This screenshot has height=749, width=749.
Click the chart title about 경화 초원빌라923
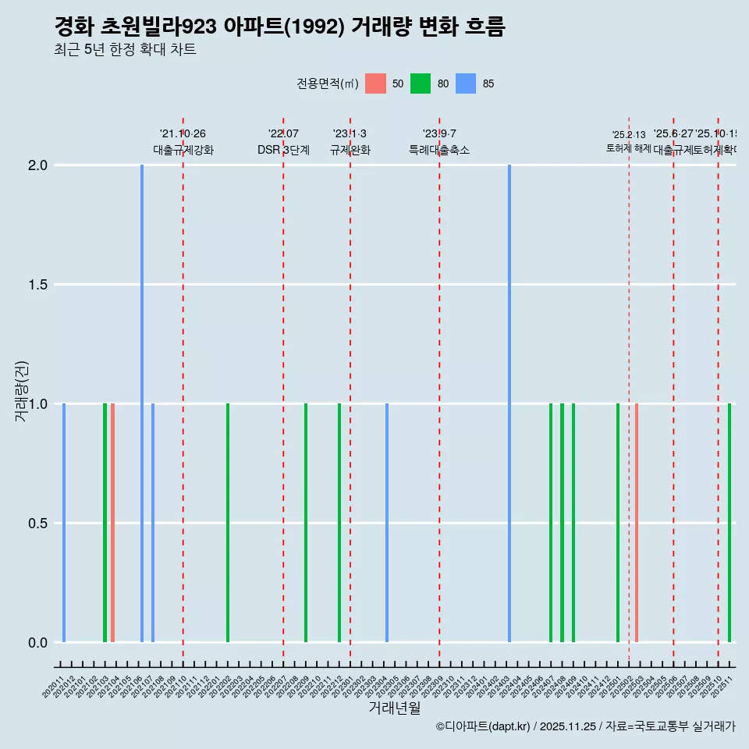click(279, 27)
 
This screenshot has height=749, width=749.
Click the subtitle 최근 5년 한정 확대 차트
click(125, 50)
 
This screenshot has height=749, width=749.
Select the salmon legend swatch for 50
click(375, 83)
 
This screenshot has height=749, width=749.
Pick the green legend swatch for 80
click(421, 83)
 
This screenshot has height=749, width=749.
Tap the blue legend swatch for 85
click(466, 83)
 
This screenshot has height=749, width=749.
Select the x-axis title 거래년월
click(394, 708)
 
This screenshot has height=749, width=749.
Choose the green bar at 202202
click(228, 523)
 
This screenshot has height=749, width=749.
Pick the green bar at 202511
click(729, 523)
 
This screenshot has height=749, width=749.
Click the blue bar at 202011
click(64, 523)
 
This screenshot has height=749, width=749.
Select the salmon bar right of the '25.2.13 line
click(637, 523)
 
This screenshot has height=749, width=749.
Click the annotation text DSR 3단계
click(283, 151)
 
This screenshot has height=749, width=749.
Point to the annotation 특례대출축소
click(439, 151)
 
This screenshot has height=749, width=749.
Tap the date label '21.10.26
click(183, 134)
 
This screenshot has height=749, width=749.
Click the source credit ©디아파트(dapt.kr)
click(484, 726)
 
